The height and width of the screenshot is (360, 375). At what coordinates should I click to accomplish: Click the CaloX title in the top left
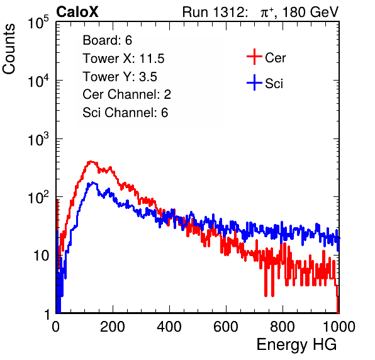[x=77, y=12]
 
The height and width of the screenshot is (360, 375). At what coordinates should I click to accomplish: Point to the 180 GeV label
[x=310, y=12]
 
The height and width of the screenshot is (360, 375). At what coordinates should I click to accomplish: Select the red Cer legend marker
[x=254, y=57]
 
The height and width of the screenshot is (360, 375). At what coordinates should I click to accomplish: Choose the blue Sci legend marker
[x=254, y=82]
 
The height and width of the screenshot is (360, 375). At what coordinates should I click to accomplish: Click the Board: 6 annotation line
[x=107, y=40]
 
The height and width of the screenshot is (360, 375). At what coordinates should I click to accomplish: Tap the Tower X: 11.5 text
[x=123, y=59]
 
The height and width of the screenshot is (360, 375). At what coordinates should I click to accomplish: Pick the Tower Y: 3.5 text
[x=120, y=77]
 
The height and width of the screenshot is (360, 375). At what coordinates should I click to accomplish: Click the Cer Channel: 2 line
[x=126, y=94]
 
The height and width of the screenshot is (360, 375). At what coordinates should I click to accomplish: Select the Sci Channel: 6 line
[x=125, y=113]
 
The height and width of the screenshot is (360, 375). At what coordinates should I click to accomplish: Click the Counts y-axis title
[x=9, y=49]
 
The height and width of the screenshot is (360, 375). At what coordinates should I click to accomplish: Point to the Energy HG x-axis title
[x=296, y=345]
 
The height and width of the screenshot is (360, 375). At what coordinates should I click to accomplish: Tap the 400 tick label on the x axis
[x=169, y=327]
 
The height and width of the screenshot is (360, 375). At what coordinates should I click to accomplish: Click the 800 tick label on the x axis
[x=283, y=327]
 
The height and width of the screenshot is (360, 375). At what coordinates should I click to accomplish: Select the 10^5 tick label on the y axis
[x=38, y=22]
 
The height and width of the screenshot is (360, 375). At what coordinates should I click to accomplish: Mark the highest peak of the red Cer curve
[x=91, y=162]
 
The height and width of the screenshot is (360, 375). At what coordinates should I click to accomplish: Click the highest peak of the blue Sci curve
[x=93, y=183]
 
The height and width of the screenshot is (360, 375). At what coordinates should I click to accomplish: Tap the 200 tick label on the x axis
[x=113, y=327]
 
